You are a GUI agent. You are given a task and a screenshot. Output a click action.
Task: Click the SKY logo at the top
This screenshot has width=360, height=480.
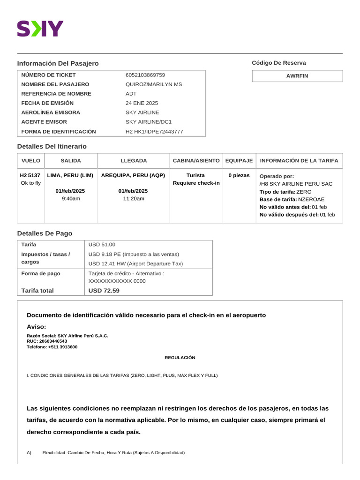point(40,29)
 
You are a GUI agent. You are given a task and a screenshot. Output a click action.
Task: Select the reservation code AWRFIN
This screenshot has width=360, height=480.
point(297,75)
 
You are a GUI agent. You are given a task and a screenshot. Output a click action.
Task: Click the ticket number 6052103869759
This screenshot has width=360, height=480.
point(145,75)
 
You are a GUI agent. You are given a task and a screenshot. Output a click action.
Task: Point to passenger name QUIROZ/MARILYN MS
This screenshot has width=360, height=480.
point(154,84)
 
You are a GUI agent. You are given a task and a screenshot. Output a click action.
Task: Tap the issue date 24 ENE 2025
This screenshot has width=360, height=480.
point(142,103)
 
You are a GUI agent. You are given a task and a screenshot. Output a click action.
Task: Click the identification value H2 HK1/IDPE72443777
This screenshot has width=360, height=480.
point(154,132)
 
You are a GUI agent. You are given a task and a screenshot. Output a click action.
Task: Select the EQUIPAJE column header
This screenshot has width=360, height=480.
point(239,161)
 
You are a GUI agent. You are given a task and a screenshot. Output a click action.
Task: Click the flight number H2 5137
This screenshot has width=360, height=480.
point(30,175)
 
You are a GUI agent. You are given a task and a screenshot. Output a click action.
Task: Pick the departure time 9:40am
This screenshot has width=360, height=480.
point(70,199)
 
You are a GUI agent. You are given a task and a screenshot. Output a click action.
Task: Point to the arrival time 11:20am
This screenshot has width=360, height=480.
point(133,199)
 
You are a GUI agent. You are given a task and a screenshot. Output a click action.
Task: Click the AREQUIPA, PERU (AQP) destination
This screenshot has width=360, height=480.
point(133,175)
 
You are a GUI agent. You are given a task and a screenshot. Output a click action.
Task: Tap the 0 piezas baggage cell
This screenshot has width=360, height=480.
point(239,175)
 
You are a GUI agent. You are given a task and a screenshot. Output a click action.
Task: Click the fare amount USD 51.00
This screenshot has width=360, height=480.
point(102,245)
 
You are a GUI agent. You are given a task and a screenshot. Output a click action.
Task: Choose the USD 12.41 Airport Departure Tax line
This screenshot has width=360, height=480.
point(135,264)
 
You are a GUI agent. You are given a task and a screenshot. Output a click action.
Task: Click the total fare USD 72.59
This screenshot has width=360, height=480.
point(104,291)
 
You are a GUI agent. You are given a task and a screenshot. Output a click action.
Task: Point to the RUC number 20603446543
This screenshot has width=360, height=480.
point(52,341)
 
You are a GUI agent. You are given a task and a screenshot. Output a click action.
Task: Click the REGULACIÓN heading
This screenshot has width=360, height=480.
point(180,358)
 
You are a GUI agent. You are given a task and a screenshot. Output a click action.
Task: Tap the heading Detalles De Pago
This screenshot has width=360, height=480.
point(45,233)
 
